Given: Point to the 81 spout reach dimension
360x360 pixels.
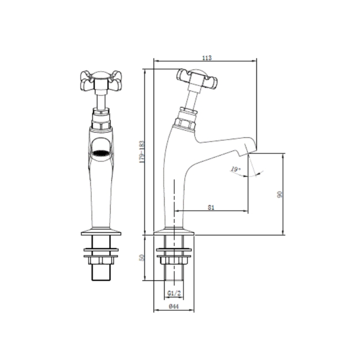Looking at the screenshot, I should pos(211,207).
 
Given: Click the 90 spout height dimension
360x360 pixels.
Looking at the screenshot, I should pos(280,194).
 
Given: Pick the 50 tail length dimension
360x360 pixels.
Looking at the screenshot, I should pos(142,258).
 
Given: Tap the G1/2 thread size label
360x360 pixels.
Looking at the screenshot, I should pos(173,294).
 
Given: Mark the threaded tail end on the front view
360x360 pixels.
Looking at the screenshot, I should pos(100,273).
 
